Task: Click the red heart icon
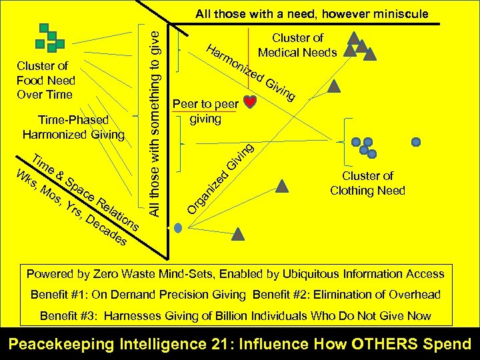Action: click(250, 102)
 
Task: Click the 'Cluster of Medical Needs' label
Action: click(297, 45)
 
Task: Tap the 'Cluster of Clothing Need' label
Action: click(367, 183)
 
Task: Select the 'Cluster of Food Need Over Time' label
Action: click(45, 80)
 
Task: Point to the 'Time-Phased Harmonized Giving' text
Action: click(73, 127)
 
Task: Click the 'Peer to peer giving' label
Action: click(205, 111)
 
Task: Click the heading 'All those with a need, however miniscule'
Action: click(311, 14)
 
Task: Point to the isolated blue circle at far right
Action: click(416, 142)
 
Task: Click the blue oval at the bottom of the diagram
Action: click(178, 227)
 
